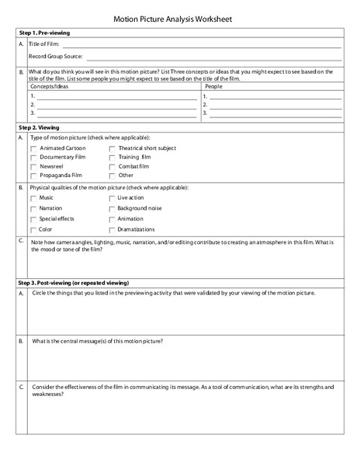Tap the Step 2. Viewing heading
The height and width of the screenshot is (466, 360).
[38, 127]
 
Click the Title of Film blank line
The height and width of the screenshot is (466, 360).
[206, 47]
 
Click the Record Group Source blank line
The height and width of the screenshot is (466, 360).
[213, 57]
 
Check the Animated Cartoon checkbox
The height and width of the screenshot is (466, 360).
[33, 148]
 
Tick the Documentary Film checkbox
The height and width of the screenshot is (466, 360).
[33, 157]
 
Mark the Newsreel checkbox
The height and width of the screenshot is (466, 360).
[33, 167]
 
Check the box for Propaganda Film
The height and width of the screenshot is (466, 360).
[33, 176]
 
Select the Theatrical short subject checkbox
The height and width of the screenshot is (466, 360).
[112, 148]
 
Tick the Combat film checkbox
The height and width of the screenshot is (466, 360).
[112, 167]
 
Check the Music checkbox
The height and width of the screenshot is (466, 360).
[33, 199]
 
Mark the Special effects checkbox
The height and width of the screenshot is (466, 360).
[33, 220]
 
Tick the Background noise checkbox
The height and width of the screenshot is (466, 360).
[112, 209]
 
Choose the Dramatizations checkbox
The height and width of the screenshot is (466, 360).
[112, 230]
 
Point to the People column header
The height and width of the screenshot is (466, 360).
[213, 87]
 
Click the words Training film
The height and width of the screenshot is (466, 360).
[134, 157]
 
